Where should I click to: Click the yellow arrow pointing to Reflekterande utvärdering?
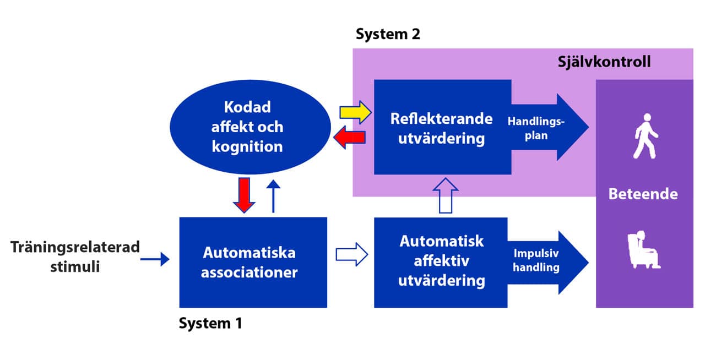point(355,112)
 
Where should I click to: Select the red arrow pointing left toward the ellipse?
point(349,138)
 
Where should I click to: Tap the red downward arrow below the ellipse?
point(244,195)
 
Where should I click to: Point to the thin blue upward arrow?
point(273,196)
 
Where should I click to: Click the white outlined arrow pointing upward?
point(446,195)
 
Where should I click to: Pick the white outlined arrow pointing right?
point(352,254)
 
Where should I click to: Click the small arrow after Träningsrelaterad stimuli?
point(155,259)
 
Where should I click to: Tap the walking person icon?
point(646,136)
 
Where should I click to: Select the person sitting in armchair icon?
point(644,249)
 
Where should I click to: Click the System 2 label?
point(388,34)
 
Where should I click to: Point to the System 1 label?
point(210,323)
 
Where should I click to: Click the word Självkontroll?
point(604,62)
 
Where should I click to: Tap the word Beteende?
point(643,194)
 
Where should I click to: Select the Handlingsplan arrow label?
point(536,128)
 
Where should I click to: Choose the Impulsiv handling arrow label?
point(536,260)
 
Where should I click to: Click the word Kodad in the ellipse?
point(247,107)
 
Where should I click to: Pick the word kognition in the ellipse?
point(247,147)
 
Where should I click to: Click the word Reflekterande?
point(441,119)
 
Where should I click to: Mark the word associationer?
point(249,272)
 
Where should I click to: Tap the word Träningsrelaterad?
point(75,247)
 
